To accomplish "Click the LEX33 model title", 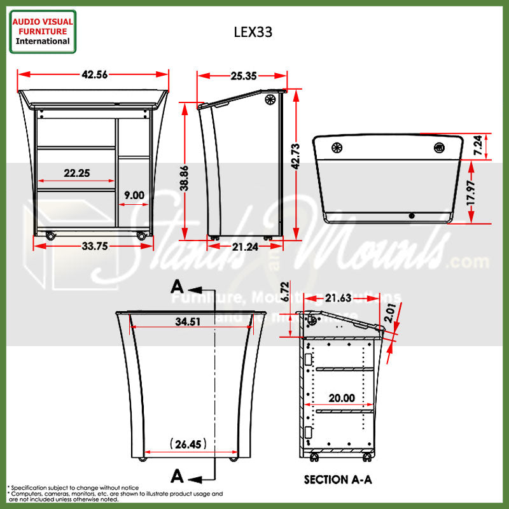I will click(253, 32).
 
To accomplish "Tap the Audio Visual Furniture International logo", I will click(43, 31).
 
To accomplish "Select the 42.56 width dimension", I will click(94, 74).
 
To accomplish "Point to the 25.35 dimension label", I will click(243, 76).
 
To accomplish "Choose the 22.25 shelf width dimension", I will click(76, 173).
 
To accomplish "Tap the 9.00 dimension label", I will click(134, 196).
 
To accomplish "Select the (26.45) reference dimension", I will click(188, 444).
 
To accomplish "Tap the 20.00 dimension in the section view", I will click(342, 398).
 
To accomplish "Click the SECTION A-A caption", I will click(338, 479).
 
